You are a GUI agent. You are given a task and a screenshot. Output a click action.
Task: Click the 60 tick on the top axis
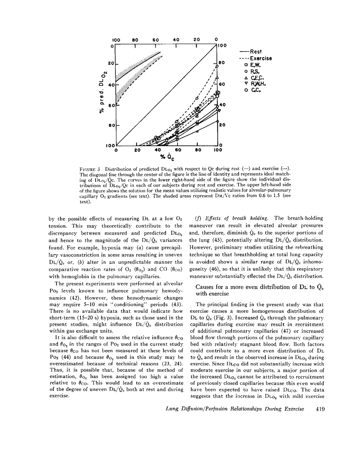click(x=156, y=40)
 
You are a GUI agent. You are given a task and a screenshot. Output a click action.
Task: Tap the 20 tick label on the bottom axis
click(x=137, y=150)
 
